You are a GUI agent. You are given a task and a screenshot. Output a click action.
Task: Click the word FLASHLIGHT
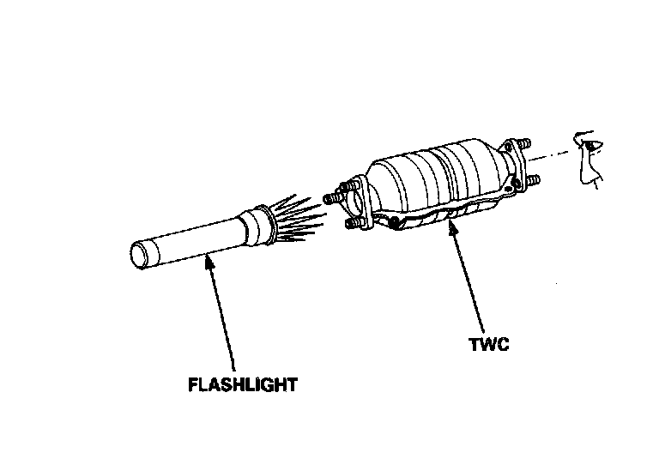click(243, 383)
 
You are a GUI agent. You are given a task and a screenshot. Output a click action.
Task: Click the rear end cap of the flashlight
click(140, 256)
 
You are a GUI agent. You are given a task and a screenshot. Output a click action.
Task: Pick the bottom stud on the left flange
click(351, 226)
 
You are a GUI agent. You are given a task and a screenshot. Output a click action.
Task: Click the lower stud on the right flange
click(532, 182)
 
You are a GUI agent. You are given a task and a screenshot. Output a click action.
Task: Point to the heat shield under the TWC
click(446, 214)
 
